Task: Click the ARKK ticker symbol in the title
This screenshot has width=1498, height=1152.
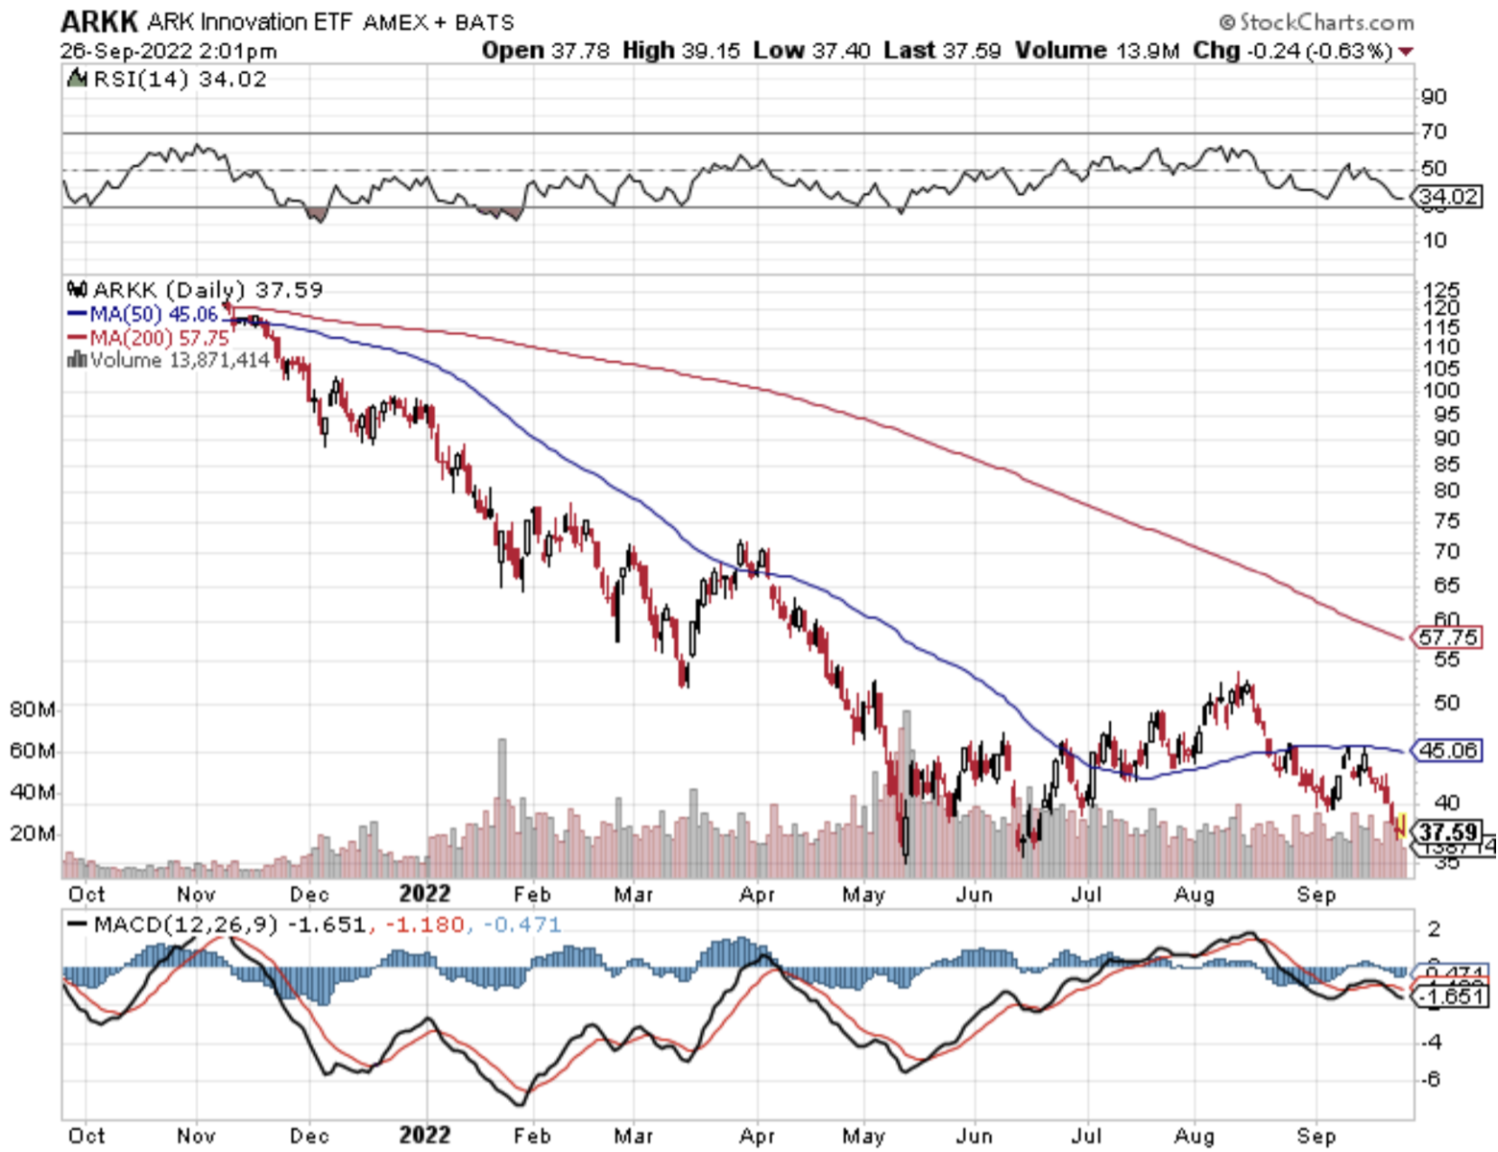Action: click(100, 21)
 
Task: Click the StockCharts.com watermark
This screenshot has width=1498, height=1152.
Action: click(1317, 21)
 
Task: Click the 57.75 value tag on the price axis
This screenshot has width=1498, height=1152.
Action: click(1447, 637)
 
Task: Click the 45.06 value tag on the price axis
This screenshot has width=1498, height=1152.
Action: click(1448, 750)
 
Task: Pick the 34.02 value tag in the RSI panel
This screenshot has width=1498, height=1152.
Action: click(1448, 197)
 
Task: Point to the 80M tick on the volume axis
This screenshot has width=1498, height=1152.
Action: click(32, 709)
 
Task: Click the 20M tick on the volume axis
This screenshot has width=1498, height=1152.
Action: click(32, 833)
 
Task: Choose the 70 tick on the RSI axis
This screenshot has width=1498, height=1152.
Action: click(1434, 132)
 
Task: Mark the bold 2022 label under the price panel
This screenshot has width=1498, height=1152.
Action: click(424, 894)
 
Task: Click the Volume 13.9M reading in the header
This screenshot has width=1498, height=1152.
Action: click(1096, 51)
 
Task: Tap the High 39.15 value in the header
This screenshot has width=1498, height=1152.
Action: click(681, 51)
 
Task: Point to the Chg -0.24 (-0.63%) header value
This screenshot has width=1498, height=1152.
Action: click(1292, 51)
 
